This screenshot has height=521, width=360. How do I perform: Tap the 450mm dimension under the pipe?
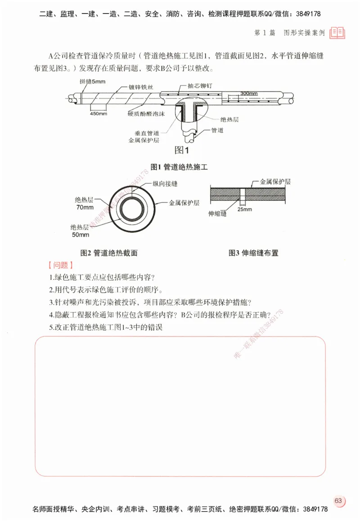[x=99, y=114]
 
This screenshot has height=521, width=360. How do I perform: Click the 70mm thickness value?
[x=83, y=207]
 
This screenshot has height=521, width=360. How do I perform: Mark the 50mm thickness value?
[x=81, y=234]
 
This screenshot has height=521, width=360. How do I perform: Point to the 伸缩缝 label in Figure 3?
[x=218, y=214]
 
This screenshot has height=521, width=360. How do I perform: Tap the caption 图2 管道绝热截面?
[x=109, y=253]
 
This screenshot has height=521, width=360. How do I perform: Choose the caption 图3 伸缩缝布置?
[x=253, y=253]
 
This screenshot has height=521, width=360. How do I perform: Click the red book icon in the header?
[x=337, y=32]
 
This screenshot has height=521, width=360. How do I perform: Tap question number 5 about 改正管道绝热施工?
[x=106, y=328]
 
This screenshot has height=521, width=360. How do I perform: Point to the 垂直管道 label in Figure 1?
[x=147, y=134]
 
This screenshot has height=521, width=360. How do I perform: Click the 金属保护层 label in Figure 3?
[x=275, y=182]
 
